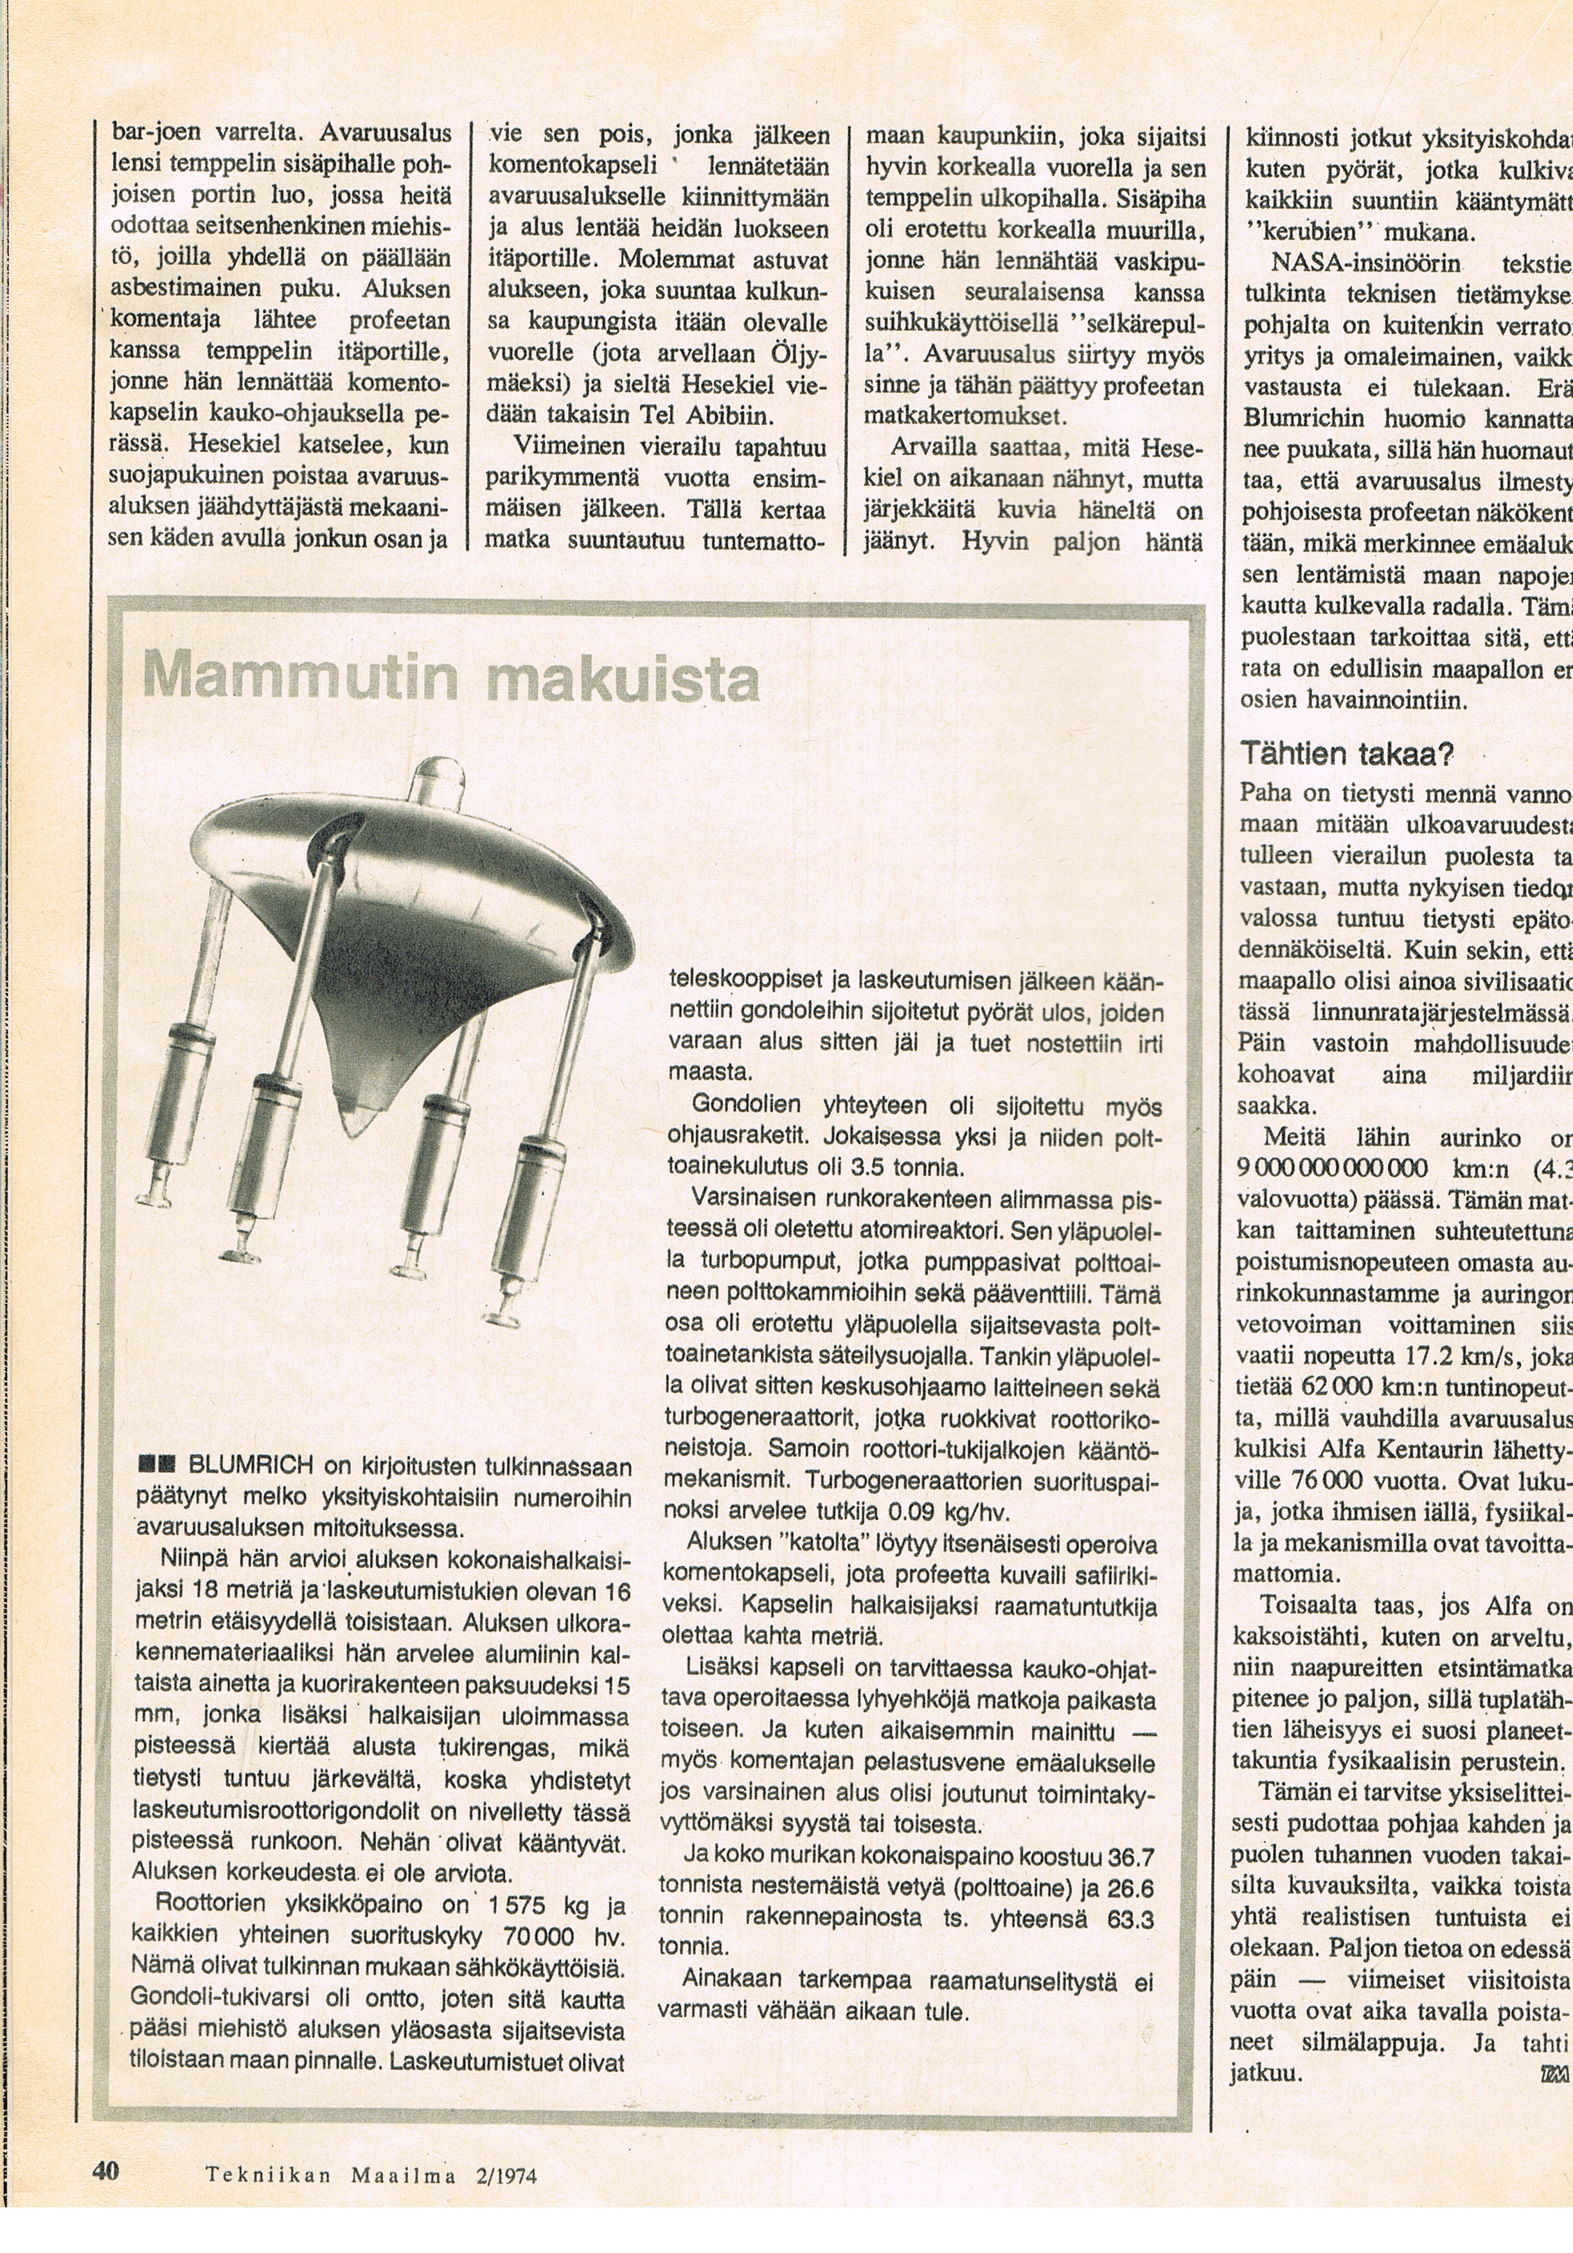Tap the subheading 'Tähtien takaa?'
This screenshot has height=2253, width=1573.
coord(1346,754)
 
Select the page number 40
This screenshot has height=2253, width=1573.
coord(106,2169)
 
